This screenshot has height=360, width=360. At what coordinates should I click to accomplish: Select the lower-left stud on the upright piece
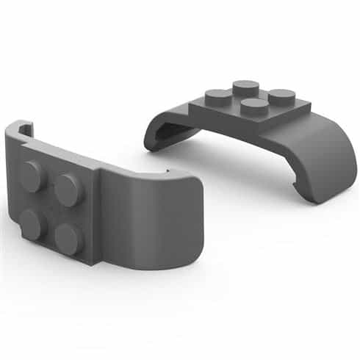33,223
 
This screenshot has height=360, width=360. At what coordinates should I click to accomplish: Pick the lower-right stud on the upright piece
68,238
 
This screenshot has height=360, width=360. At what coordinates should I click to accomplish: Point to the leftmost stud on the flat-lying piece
219,95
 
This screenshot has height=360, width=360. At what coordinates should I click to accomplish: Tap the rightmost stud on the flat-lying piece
281,96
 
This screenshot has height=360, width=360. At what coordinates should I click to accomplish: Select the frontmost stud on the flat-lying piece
255,108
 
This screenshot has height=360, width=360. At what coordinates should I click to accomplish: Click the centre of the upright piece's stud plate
51,207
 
